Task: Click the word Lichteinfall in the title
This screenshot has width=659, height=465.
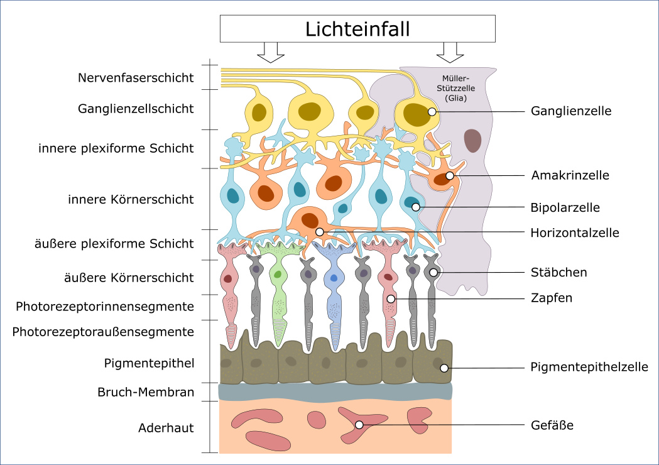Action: pos(357,30)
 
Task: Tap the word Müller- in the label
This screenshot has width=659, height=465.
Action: pos(455,79)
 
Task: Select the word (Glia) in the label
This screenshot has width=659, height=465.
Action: pos(455,98)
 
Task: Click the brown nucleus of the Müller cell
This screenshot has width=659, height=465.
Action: pos(472,141)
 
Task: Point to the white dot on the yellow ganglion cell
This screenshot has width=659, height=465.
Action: pos(432,112)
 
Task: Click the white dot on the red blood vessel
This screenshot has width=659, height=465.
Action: pos(359,425)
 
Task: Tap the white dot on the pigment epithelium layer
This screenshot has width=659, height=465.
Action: pos(444,368)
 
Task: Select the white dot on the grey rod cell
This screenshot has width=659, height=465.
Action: pos(433,273)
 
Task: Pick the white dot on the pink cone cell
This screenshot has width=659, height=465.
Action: pos(391,299)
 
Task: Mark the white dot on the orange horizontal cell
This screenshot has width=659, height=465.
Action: pos(320,232)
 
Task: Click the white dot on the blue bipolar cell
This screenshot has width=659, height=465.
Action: pos(416,207)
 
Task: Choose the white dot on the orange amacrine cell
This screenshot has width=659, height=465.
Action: pos(450,176)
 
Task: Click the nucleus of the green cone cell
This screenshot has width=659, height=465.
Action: pos(277,274)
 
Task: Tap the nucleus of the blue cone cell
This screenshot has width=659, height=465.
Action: pos(334,277)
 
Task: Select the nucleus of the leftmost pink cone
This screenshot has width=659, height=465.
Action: pos(227,278)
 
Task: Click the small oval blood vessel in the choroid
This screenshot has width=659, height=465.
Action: pos(316,419)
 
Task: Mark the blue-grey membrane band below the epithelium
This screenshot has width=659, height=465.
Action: pos(335,391)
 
